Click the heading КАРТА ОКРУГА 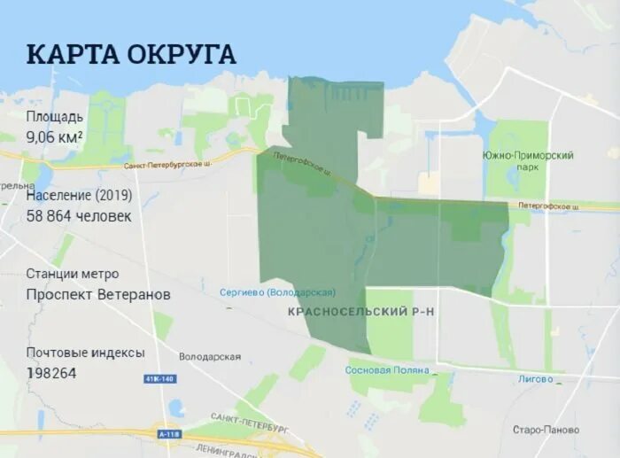[131, 53]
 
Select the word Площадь [55, 116]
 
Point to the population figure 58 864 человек [79, 215]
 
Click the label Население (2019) [79, 194]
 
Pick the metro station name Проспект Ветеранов [98, 294]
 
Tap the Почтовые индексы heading [85, 352]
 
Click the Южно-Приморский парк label [528, 160]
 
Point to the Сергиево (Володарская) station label [277, 292]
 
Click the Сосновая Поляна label [387, 370]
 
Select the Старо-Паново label [546, 430]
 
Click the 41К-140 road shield [159, 378]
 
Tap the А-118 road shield [169, 434]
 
